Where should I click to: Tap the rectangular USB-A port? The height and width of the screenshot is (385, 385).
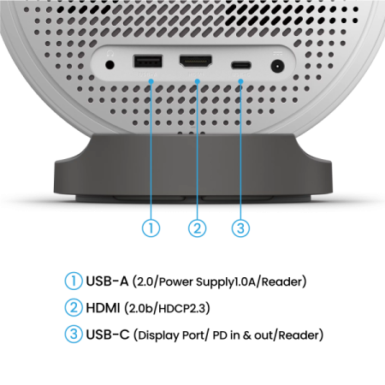148,62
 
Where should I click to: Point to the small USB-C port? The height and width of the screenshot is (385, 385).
240,64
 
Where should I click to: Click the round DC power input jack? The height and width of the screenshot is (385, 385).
277,65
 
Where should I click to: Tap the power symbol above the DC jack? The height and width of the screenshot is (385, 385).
277,54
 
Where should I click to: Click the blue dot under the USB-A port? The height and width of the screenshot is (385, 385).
151,81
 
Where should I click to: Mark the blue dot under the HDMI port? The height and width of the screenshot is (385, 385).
197,81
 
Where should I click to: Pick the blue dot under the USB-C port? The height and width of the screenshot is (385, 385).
241,81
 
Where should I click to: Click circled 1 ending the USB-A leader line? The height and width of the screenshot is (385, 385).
151,228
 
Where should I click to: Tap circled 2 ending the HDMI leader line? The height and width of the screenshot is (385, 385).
197,228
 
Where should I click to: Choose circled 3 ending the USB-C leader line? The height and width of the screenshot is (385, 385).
241,228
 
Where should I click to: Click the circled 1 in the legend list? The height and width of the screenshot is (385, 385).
74,281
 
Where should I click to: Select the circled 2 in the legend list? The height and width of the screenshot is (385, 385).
74,307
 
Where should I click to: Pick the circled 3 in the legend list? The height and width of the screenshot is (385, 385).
74,334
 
